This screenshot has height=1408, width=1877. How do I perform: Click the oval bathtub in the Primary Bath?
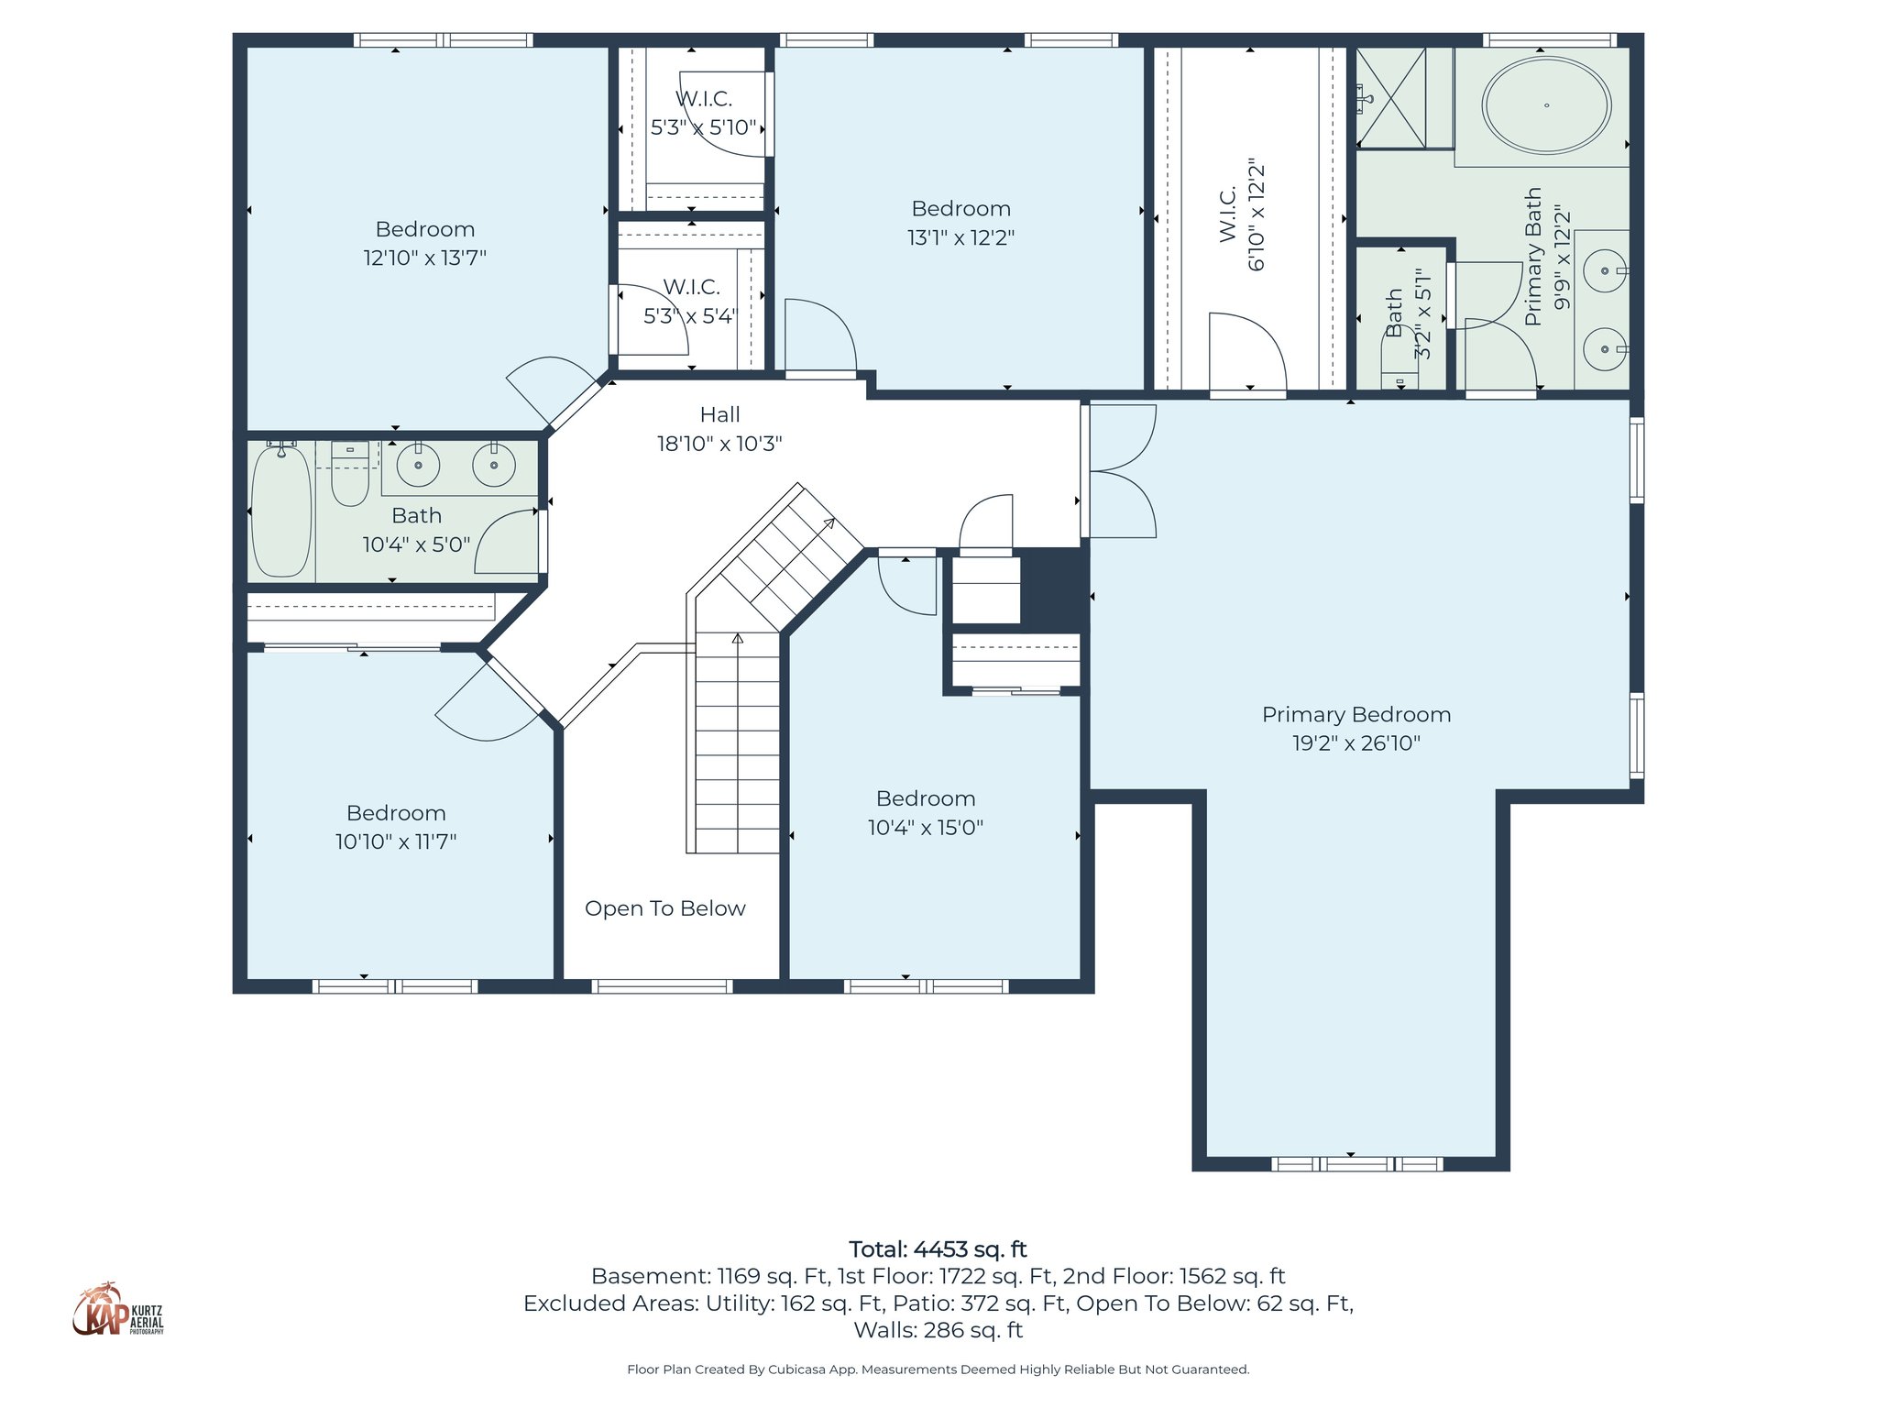coord(1546,104)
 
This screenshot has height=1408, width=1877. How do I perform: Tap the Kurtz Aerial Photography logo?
coord(118,1311)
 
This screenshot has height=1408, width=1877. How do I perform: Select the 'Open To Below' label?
coord(664,908)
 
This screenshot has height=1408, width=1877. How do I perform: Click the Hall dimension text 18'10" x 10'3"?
coord(719,444)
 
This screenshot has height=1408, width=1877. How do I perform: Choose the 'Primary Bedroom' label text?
coord(1356,715)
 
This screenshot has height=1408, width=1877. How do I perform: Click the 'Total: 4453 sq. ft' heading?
coord(938,1249)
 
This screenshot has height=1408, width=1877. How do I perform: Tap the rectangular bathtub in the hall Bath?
coord(281,511)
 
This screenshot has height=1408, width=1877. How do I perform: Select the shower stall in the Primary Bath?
coord(1391,98)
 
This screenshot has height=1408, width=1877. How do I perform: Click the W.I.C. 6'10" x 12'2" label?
coord(1242,216)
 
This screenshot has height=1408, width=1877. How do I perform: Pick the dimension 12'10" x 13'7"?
coord(424,258)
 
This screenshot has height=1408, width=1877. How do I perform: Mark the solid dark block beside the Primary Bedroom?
coord(1053,587)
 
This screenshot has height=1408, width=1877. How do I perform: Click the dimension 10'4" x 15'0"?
coord(925,828)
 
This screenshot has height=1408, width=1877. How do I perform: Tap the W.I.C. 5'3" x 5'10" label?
coord(704,113)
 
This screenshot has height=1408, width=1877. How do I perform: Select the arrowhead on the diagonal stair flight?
coord(829,523)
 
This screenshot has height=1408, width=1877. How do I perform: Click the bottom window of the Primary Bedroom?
coord(1356,1164)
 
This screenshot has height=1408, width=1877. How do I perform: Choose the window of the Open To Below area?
coord(661,986)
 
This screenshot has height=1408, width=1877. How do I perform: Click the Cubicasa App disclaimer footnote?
coord(938,1369)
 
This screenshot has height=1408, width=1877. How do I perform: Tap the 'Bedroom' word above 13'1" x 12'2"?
coord(960,209)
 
